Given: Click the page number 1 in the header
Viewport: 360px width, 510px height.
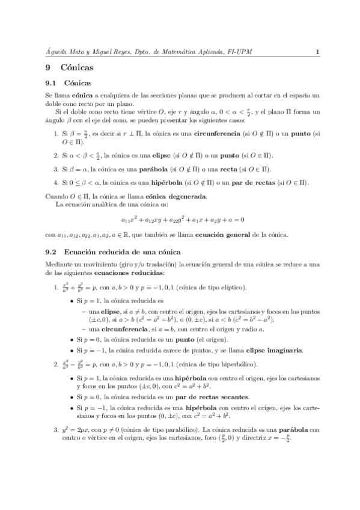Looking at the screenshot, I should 316,52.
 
